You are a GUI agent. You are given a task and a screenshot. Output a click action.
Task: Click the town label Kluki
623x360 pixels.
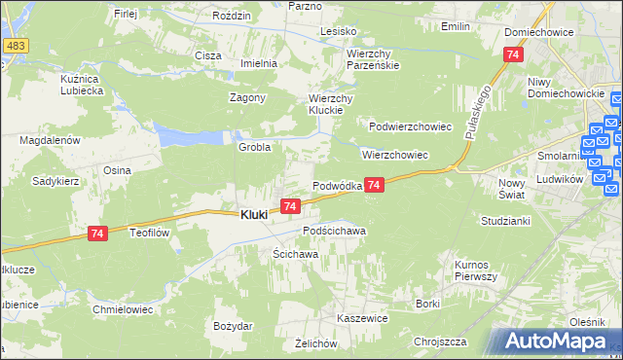pyautogui.click(x=254, y=215)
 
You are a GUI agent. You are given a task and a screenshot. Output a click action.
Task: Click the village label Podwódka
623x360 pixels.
pyautogui.click(x=337, y=186)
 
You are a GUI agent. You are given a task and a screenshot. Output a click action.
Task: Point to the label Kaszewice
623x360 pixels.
pyautogui.click(x=362, y=318)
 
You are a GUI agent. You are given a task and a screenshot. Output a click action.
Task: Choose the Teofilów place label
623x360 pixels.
pyautogui.click(x=151, y=233)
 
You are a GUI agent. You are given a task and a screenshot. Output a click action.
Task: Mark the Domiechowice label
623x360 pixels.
pyautogui.click(x=537, y=32)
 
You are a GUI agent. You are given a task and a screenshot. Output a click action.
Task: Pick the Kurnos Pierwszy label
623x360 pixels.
pyautogui.click(x=477, y=270)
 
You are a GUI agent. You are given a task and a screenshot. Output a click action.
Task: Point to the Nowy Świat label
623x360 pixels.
pyautogui.click(x=511, y=189)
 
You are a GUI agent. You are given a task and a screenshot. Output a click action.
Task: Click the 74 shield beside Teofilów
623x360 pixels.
pyautogui.click(x=96, y=234)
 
